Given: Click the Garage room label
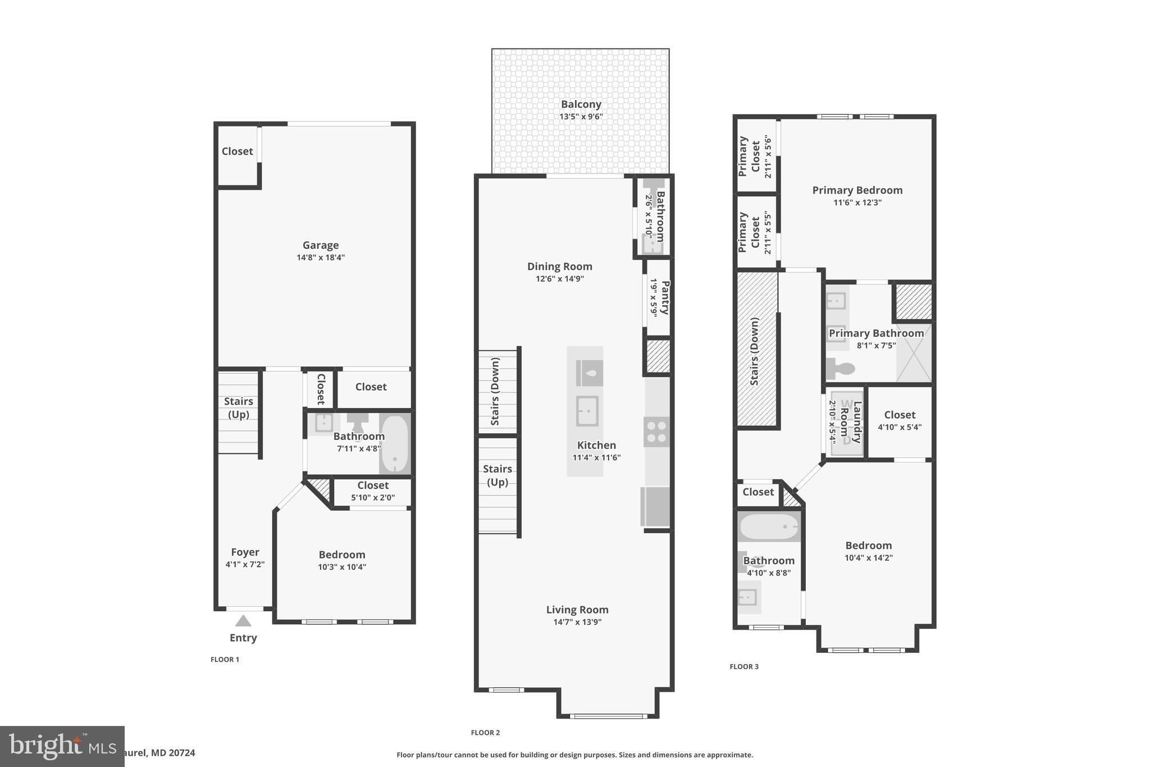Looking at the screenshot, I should click(320, 245).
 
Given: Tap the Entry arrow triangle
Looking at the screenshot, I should click(243, 621).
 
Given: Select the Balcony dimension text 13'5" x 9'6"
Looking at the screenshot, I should click(581, 117).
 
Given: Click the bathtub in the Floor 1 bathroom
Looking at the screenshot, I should click(395, 444).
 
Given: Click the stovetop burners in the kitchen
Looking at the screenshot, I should click(656, 432).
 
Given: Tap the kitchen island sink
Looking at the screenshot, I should click(587, 411).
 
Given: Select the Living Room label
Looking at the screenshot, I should click(577, 610).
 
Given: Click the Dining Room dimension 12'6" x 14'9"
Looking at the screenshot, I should click(559, 279).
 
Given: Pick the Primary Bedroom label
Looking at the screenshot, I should click(857, 190).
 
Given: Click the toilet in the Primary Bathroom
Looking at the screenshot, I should click(841, 369).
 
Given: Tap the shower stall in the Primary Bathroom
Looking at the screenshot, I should click(914, 353).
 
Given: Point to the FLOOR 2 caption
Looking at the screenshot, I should click(485, 732).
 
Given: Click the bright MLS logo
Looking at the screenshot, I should click(62, 746).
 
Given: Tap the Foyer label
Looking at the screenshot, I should click(245, 552).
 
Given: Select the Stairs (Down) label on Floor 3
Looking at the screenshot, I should click(754, 351).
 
